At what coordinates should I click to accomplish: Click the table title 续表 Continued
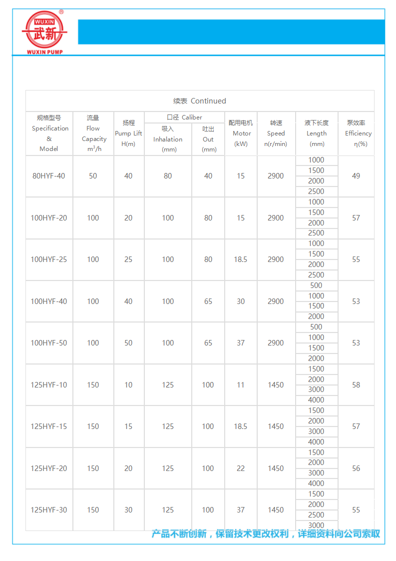tap(200, 101)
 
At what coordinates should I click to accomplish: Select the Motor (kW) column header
tap(241, 133)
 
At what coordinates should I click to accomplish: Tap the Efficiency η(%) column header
tap(356, 133)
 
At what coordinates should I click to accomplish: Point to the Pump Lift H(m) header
tap(128, 133)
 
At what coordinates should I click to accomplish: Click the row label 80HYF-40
tap(49, 176)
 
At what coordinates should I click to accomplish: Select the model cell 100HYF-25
tap(49, 259)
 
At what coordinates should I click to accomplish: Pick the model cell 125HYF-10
tap(49, 385)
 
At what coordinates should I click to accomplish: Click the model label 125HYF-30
tap(49, 510)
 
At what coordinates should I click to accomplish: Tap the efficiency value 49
tap(356, 176)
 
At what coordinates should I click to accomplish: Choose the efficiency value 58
tap(356, 385)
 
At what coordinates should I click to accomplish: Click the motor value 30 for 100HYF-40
tap(241, 301)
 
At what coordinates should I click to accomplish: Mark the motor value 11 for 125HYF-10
tap(241, 385)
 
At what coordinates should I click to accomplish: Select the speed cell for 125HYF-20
tap(276, 468)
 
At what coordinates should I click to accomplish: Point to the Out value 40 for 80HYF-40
tap(208, 176)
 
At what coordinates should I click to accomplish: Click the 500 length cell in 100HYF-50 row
tap(316, 327)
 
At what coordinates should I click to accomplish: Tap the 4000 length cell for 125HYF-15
tap(316, 442)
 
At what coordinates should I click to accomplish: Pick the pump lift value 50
tap(128, 343)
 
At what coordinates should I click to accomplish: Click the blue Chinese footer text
tap(266, 534)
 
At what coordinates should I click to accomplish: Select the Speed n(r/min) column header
tap(276, 133)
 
